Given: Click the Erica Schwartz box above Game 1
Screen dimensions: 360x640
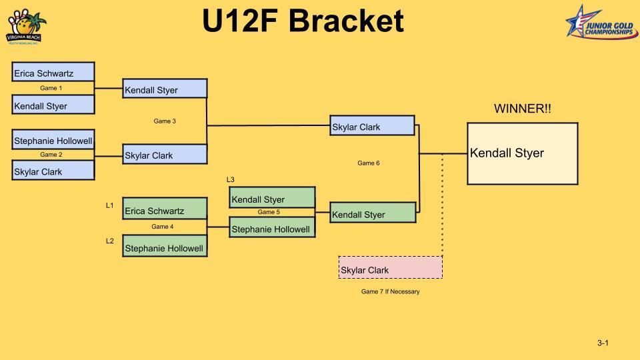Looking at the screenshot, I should click(x=53, y=72).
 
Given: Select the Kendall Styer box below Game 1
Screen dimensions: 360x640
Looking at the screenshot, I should click(x=53, y=105).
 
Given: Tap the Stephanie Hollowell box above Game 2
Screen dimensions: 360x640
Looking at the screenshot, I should click(x=53, y=139).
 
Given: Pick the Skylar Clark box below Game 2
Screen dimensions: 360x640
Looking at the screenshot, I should click(x=53, y=171).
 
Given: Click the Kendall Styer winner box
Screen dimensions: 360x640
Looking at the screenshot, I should click(x=522, y=153).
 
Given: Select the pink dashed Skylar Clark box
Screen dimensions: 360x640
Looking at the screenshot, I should click(x=390, y=267).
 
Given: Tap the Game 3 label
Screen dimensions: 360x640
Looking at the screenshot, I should click(x=165, y=121).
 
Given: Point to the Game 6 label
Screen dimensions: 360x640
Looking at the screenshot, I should click(x=368, y=163).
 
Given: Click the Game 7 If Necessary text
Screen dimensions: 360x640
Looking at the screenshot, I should click(x=390, y=292).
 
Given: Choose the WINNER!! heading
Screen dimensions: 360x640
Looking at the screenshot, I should click(x=522, y=109).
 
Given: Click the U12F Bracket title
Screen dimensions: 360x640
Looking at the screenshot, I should click(x=303, y=21).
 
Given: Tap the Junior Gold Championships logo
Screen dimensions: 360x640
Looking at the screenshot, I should click(x=599, y=21).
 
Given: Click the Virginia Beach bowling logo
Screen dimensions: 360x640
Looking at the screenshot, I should click(x=26, y=27).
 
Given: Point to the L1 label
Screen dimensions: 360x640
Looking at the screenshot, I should click(x=110, y=206).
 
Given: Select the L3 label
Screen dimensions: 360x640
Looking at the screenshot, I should click(x=231, y=180).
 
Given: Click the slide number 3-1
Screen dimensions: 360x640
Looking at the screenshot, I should click(x=603, y=343).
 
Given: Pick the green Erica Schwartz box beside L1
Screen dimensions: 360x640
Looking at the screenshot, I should click(x=165, y=209).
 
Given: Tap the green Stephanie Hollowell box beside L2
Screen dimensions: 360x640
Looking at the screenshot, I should click(x=165, y=246).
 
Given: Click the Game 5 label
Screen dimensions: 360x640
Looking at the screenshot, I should click(x=269, y=212).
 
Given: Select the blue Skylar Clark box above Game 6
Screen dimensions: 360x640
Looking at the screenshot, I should click(x=373, y=126).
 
